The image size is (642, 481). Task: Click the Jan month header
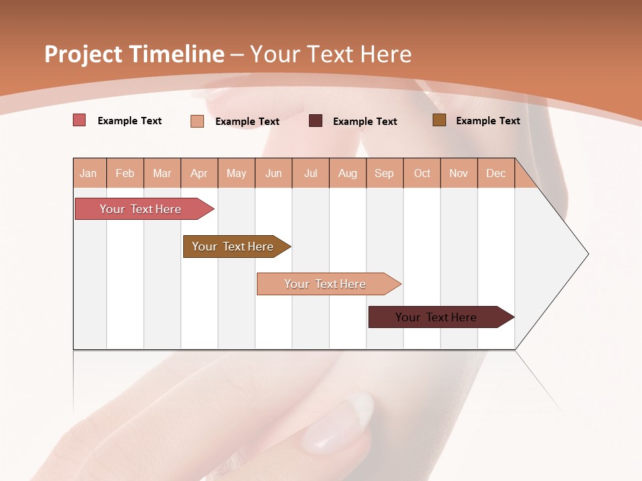88,174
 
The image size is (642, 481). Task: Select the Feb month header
125,174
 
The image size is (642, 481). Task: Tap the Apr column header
199,174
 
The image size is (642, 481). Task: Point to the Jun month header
274,174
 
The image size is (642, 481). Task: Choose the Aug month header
347,174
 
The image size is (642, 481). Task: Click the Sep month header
384,174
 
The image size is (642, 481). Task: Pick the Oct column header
422,174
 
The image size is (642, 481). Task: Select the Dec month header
496,174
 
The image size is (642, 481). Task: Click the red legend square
80,120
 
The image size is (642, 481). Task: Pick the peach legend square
197,121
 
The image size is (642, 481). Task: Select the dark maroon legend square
316,121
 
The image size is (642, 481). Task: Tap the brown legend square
439,120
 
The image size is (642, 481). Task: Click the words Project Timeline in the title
134,54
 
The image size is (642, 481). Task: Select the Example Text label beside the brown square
488,121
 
